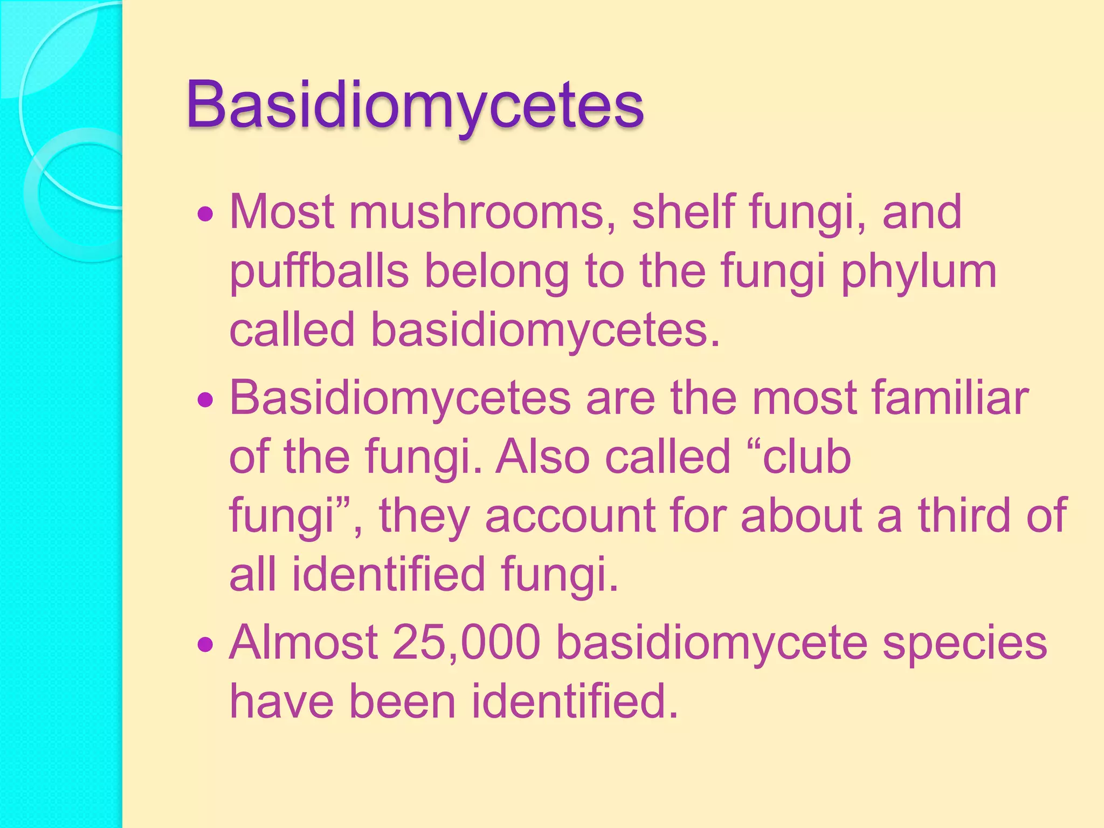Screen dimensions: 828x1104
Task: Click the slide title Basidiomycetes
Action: (415, 105)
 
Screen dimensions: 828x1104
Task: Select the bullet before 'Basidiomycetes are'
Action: (205, 401)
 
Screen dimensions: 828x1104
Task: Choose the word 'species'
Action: (964, 644)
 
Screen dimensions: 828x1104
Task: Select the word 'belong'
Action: (496, 272)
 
